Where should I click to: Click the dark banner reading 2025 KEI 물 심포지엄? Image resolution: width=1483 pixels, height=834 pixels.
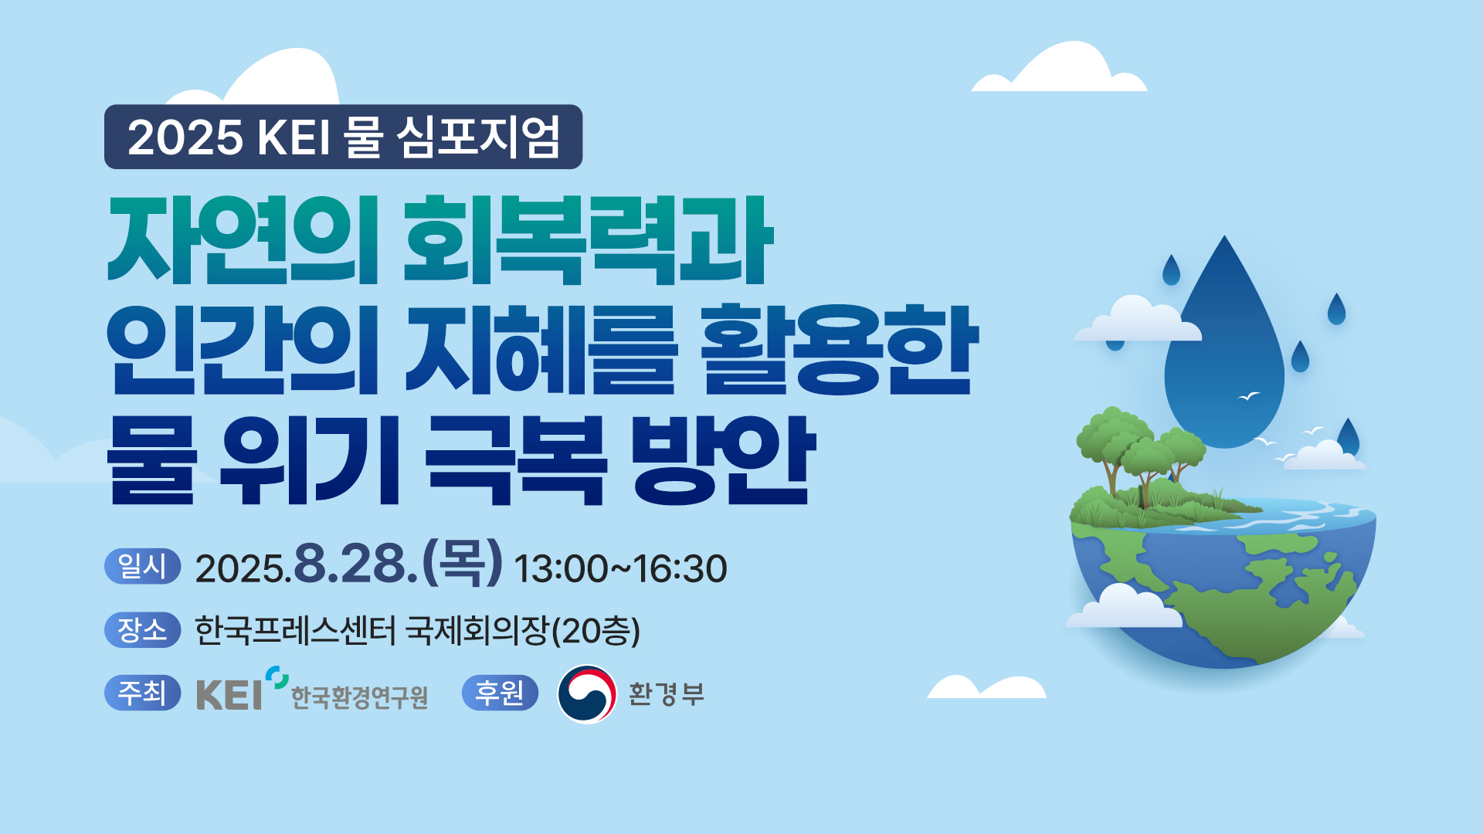tap(343, 137)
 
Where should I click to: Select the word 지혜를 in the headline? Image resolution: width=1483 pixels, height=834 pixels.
tap(541, 349)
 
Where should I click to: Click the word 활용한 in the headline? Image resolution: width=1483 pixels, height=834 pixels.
tap(839, 349)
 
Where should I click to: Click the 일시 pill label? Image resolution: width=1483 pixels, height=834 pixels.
tap(142, 566)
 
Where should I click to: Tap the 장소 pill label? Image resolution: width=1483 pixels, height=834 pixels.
tap(142, 629)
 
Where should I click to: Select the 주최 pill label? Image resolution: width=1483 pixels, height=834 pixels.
tap(142, 692)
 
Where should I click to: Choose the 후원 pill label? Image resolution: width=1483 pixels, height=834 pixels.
tap(500, 692)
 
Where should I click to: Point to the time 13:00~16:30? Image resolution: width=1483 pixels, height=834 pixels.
tap(620, 569)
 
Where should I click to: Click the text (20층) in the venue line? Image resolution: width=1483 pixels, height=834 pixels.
tap(596, 631)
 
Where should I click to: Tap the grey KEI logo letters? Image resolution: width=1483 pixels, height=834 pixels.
tap(229, 695)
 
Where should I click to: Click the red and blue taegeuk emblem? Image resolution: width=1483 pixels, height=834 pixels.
tap(587, 694)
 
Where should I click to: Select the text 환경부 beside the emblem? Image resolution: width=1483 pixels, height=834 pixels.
tap(666, 694)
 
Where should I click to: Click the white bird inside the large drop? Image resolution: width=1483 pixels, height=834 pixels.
tap(1248, 396)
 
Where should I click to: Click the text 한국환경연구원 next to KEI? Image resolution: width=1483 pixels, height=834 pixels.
tap(359, 698)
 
